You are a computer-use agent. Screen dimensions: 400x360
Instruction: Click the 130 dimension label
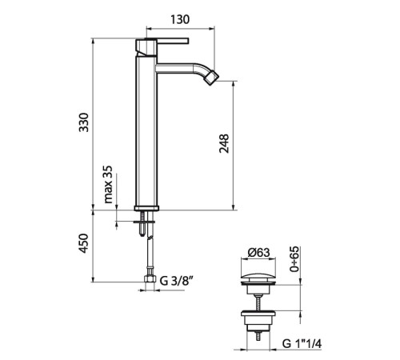[180, 19]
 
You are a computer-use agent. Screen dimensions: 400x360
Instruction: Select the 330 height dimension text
[84, 122]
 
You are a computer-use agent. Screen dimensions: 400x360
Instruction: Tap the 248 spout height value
[224, 143]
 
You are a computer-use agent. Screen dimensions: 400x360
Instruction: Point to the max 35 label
[108, 185]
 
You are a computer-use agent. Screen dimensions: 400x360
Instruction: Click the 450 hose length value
[84, 243]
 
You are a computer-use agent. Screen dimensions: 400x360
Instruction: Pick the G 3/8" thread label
[176, 281]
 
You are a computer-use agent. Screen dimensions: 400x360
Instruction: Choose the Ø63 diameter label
[258, 252]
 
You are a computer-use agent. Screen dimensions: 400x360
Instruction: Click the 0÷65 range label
[294, 259]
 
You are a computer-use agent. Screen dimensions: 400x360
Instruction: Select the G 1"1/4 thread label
[302, 344]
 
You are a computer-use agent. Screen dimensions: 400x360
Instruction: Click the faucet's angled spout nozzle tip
[212, 78]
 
